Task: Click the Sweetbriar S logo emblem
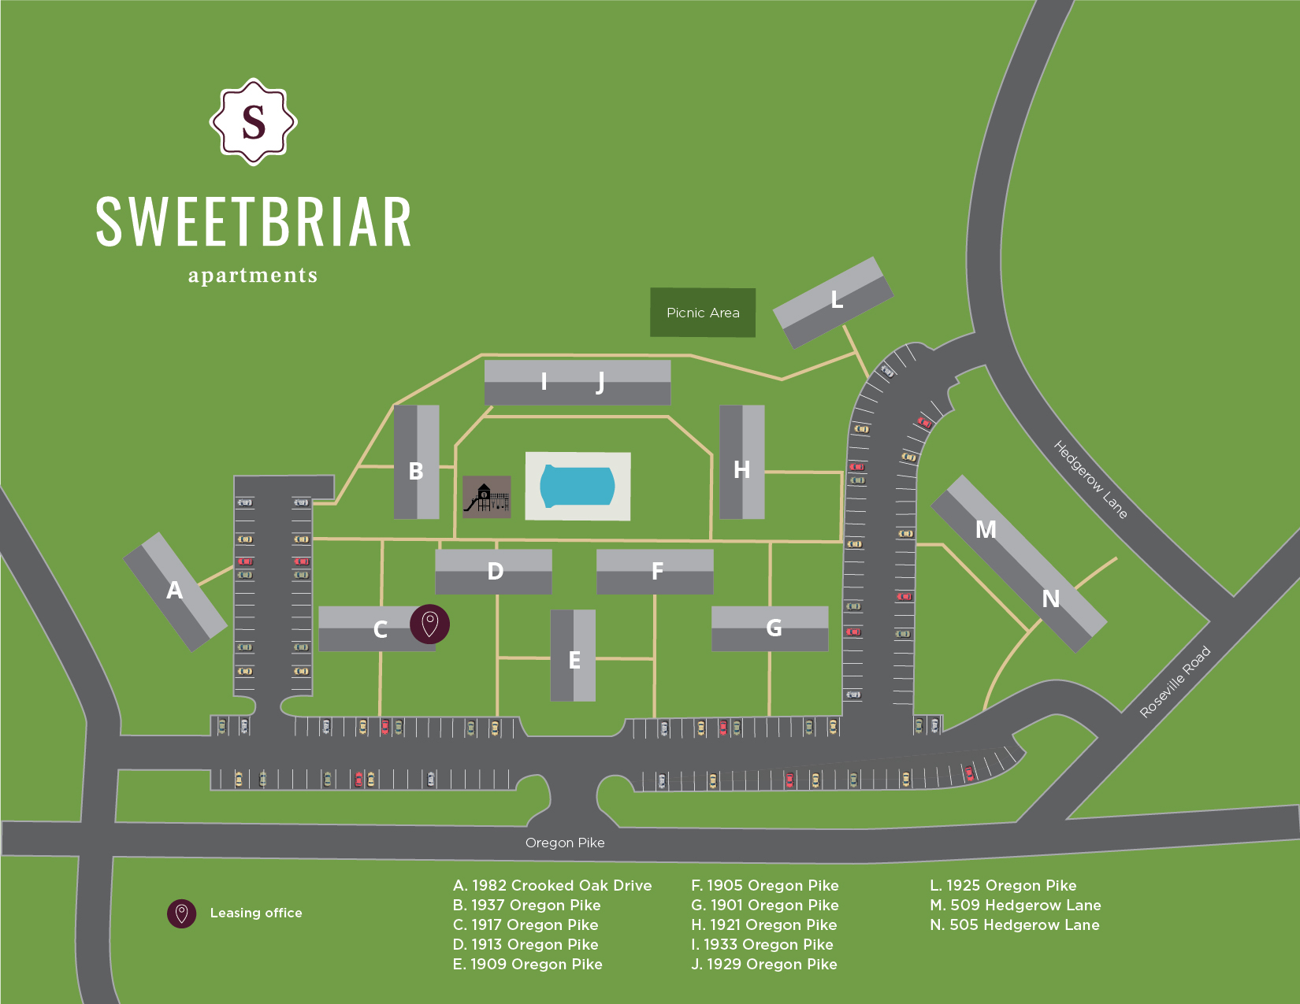pyautogui.click(x=253, y=122)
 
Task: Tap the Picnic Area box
pyautogui.click(x=703, y=313)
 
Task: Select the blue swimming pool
pyautogui.click(x=577, y=486)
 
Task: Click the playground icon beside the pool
pyautogui.click(x=486, y=498)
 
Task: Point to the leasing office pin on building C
pyautogui.click(x=429, y=624)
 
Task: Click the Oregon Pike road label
pyautogui.click(x=565, y=843)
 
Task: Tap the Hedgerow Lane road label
pyautogui.click(x=1090, y=480)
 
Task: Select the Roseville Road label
pyautogui.click(x=1175, y=682)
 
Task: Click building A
pyautogui.click(x=175, y=591)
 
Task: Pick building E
pyautogui.click(x=573, y=656)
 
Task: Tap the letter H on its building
pyautogui.click(x=741, y=470)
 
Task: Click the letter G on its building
pyautogui.click(x=774, y=628)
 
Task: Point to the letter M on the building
pyautogui.click(x=986, y=530)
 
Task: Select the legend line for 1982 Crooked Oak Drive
pyautogui.click(x=552, y=885)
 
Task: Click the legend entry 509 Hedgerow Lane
pyautogui.click(x=1015, y=905)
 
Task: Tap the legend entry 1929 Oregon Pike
pyautogui.click(x=763, y=964)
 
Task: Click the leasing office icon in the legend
pyautogui.click(x=181, y=913)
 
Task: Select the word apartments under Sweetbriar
pyautogui.click(x=253, y=276)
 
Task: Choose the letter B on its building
pyautogui.click(x=416, y=471)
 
